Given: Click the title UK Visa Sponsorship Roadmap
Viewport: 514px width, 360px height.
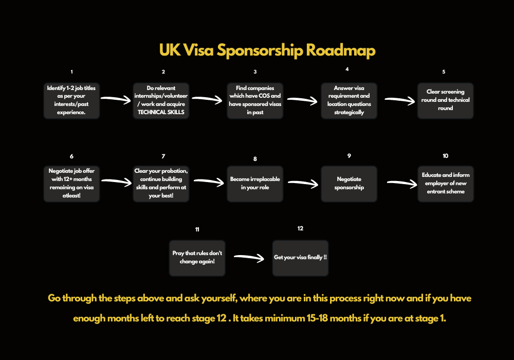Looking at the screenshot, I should tap(267, 50).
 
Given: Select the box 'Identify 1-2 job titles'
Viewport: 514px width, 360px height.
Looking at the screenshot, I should tap(71, 100).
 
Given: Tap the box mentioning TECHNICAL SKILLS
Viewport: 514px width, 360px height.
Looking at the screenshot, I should tap(161, 100).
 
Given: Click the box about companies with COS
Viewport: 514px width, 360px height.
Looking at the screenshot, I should tap(255, 100).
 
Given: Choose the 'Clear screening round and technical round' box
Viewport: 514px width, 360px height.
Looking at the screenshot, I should tap(445, 100).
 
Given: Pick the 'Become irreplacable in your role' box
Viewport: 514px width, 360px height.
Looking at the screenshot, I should tap(255, 184).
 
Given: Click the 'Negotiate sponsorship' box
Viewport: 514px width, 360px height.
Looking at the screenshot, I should tap(349, 184).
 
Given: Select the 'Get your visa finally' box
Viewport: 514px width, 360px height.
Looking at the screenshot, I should tap(300, 257).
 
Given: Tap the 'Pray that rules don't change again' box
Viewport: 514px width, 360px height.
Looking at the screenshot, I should tap(197, 257).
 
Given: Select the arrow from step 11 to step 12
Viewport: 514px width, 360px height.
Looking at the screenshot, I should tap(249, 258).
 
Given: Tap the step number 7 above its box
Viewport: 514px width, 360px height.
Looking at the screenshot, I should tap(163, 156).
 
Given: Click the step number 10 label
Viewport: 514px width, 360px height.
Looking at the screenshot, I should tap(445, 156).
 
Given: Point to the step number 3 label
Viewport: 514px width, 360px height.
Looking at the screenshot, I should tap(255, 72).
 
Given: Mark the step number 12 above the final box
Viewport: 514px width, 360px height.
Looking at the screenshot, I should tap(300, 228).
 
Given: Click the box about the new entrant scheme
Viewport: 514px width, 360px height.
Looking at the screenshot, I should tap(445, 184).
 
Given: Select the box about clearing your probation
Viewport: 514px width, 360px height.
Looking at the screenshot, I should tap(161, 184).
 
